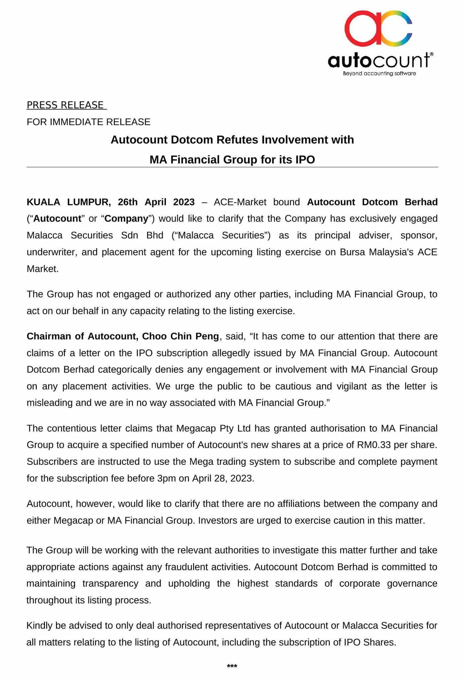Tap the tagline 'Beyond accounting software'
coord(379,73)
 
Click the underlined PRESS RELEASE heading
coord(65,105)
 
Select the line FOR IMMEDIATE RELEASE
coord(88,122)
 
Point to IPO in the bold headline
coord(305,159)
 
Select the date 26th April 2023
coord(156,202)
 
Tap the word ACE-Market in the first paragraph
coord(240,202)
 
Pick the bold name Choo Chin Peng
coord(180,336)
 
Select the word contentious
coord(72,428)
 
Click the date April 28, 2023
coord(223,478)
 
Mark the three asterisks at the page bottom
coord(232,666)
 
